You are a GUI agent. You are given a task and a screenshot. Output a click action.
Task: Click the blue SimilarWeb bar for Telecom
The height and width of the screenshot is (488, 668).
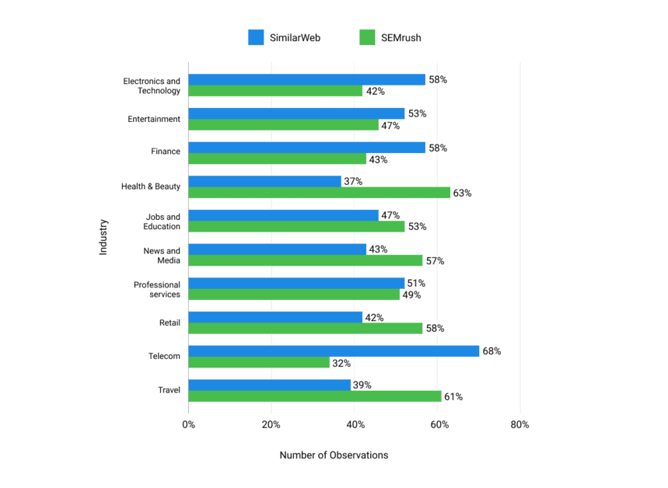tap(334, 351)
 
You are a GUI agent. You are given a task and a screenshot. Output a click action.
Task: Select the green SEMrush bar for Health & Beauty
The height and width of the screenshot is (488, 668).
tap(319, 193)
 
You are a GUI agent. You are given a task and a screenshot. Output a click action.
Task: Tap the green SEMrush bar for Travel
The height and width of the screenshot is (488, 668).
tap(315, 396)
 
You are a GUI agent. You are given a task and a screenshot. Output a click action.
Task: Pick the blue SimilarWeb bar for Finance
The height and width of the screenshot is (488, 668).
tap(306, 148)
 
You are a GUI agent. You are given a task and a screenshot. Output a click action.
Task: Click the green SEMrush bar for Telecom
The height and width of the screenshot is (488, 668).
tap(259, 363)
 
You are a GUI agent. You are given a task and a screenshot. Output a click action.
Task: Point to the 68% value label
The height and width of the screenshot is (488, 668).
tap(491, 351)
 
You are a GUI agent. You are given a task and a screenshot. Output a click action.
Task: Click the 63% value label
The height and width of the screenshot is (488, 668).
tap(463, 193)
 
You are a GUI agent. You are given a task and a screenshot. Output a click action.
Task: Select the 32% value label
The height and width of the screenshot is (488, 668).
tap(341, 363)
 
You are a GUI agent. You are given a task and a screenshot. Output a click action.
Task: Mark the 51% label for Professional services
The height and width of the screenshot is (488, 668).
tap(417, 283)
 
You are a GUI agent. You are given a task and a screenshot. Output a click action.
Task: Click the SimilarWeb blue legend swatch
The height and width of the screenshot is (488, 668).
tap(256, 37)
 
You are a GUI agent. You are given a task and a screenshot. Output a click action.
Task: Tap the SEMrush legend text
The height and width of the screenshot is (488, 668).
tap(401, 37)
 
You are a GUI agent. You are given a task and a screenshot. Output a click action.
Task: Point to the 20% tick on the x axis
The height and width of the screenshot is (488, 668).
tap(271, 424)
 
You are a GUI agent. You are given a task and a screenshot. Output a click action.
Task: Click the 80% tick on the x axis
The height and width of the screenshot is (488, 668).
tap(519, 424)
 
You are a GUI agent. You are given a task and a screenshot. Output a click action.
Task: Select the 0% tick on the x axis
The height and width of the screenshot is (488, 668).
tap(188, 424)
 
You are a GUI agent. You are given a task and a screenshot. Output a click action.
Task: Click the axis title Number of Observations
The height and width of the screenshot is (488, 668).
tap(334, 455)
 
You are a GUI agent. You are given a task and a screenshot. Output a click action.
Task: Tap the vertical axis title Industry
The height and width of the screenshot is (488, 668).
tap(103, 237)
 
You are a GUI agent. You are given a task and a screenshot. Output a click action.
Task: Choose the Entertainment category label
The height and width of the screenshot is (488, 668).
tap(154, 119)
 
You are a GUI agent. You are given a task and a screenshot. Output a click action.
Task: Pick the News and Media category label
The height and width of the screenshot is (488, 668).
tap(162, 255)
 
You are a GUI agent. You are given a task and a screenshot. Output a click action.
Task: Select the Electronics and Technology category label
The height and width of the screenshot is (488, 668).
tap(152, 85)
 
